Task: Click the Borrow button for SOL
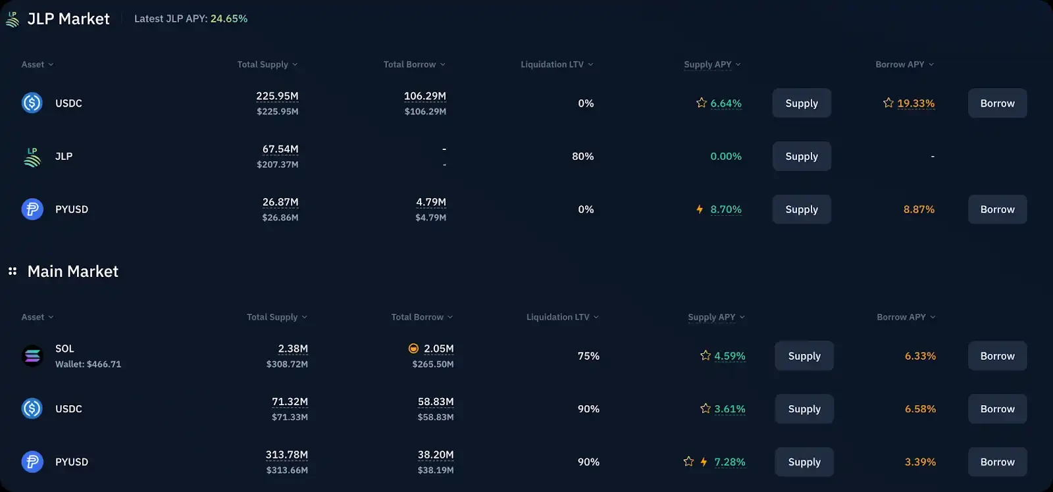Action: coord(997,356)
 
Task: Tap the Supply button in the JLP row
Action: coord(801,157)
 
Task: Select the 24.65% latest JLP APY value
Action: coord(229,18)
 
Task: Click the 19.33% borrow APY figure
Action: coord(915,103)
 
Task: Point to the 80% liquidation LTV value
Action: coord(582,157)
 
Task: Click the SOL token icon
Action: coord(32,356)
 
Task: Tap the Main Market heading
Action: coord(72,271)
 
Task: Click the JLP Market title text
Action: coord(68,19)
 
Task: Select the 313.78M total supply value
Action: coord(286,455)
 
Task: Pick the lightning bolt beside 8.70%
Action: coord(700,209)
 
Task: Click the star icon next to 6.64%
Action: coord(702,103)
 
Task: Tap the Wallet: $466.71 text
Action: coord(88,364)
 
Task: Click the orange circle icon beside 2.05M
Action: coord(413,349)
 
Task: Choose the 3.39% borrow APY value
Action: coord(920,462)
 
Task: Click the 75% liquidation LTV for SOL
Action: coord(588,356)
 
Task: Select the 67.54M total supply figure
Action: coord(280,149)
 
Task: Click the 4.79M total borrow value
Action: coord(431,202)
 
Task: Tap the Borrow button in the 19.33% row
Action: coord(997,103)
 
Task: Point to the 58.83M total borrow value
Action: coord(436,401)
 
